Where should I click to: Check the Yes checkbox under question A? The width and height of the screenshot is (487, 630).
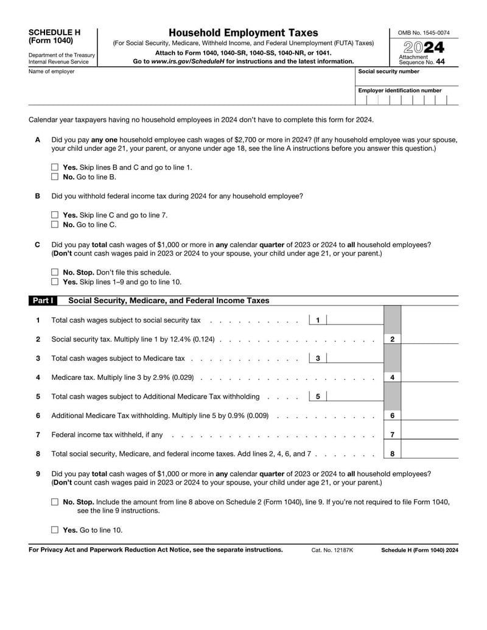(x=55, y=167)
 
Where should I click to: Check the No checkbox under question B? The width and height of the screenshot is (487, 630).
(x=55, y=225)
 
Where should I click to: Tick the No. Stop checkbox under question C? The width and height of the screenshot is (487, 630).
(x=55, y=272)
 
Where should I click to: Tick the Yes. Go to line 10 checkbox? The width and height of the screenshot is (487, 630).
(x=55, y=530)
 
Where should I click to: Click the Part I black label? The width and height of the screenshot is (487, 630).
(x=42, y=301)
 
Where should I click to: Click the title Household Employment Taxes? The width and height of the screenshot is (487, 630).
(x=243, y=33)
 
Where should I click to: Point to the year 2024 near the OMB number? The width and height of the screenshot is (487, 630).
(x=423, y=47)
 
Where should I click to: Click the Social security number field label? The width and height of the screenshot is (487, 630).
(x=388, y=72)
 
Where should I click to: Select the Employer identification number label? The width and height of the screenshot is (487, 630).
(x=400, y=91)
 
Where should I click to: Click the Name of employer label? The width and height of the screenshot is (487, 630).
(x=52, y=72)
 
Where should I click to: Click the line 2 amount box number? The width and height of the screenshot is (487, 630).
(x=392, y=339)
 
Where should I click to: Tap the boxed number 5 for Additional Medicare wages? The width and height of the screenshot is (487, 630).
(x=318, y=397)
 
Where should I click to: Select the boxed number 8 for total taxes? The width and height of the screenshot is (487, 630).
(x=392, y=453)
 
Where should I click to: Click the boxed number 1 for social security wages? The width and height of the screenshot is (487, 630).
(x=318, y=320)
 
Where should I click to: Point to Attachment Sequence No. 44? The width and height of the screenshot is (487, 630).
(x=421, y=60)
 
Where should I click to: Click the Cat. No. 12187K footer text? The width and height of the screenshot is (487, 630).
(x=332, y=550)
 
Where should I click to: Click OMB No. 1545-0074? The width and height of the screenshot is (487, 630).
(x=424, y=33)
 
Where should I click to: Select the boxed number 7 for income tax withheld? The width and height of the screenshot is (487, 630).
(x=392, y=435)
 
